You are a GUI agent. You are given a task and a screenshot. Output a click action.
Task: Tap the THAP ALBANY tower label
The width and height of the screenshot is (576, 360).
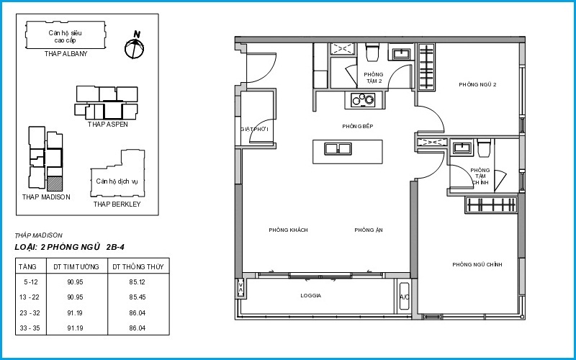(x=66, y=53)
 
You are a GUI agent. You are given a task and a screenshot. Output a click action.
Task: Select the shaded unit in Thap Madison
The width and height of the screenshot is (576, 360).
(x=55, y=184)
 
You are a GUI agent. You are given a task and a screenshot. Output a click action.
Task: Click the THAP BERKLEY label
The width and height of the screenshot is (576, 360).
(x=117, y=204)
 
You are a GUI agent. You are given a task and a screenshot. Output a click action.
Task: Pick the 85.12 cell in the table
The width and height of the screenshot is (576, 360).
(x=138, y=282)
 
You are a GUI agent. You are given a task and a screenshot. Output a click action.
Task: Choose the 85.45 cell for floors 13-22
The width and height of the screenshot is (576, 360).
(x=138, y=297)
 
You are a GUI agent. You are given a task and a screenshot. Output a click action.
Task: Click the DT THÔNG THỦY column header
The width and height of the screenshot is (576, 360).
(x=138, y=267)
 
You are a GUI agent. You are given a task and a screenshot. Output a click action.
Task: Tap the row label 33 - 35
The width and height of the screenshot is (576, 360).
(x=30, y=328)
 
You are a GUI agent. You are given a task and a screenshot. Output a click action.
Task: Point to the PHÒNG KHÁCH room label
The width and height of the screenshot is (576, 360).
(x=289, y=230)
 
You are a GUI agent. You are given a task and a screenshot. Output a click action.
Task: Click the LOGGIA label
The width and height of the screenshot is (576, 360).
(x=311, y=295)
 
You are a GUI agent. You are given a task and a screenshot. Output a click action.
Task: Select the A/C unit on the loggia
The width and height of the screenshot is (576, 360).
(x=405, y=296)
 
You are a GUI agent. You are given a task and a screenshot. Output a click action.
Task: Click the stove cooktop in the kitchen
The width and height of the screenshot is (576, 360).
(x=363, y=99)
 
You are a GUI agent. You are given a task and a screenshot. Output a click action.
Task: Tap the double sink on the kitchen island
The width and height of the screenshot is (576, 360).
(x=338, y=149)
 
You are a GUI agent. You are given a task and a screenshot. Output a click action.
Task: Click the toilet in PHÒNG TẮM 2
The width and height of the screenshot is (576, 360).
(x=372, y=52)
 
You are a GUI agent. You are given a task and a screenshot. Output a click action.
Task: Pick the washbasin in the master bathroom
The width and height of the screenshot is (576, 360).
(x=462, y=148)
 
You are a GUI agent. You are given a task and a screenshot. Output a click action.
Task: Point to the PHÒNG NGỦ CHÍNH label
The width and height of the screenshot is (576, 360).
(x=477, y=264)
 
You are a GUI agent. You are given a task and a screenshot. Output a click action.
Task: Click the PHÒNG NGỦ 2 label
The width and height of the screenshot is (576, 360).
(x=477, y=84)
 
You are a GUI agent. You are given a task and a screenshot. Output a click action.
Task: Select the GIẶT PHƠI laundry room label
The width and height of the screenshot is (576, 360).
(x=255, y=130)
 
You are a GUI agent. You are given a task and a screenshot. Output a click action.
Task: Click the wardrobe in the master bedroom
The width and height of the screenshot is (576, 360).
(x=491, y=205)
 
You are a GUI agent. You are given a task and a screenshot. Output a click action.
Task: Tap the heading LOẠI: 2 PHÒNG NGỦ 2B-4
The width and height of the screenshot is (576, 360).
(x=70, y=247)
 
